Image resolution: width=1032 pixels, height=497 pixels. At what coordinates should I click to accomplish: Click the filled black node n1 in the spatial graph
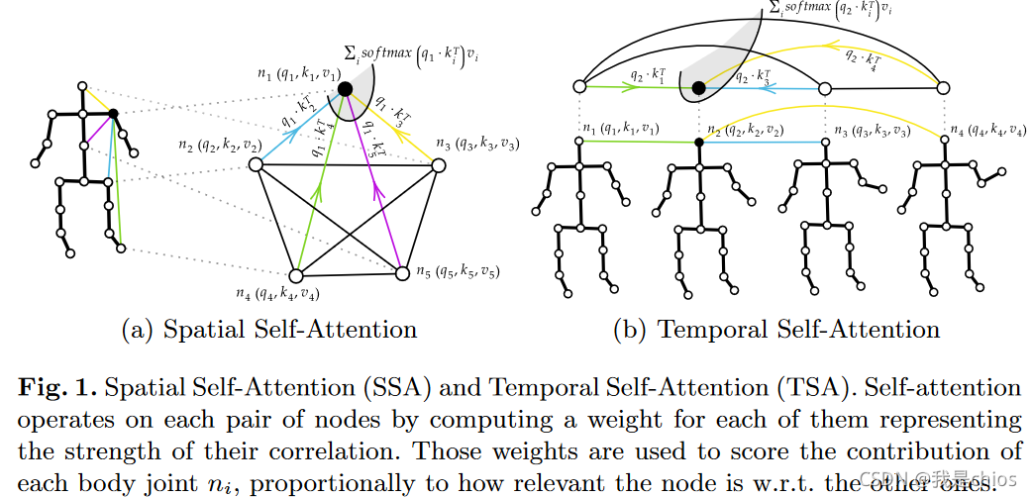pos(345,89)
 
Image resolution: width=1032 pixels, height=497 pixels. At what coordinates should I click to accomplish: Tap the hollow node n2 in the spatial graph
pos(255,165)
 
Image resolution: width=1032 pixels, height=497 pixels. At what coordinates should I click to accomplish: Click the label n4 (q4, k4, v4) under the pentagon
pos(278,293)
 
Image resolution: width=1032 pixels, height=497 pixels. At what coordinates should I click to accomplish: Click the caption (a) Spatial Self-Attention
pos(268,330)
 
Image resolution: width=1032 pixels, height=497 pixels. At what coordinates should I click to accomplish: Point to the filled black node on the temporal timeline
pos(698,88)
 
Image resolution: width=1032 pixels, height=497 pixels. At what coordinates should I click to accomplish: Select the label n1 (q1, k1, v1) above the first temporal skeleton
pos(620,129)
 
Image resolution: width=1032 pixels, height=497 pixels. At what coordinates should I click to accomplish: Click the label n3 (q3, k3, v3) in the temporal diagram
pos(873,130)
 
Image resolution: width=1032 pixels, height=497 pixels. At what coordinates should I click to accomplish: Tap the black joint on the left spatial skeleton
pos(113,114)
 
